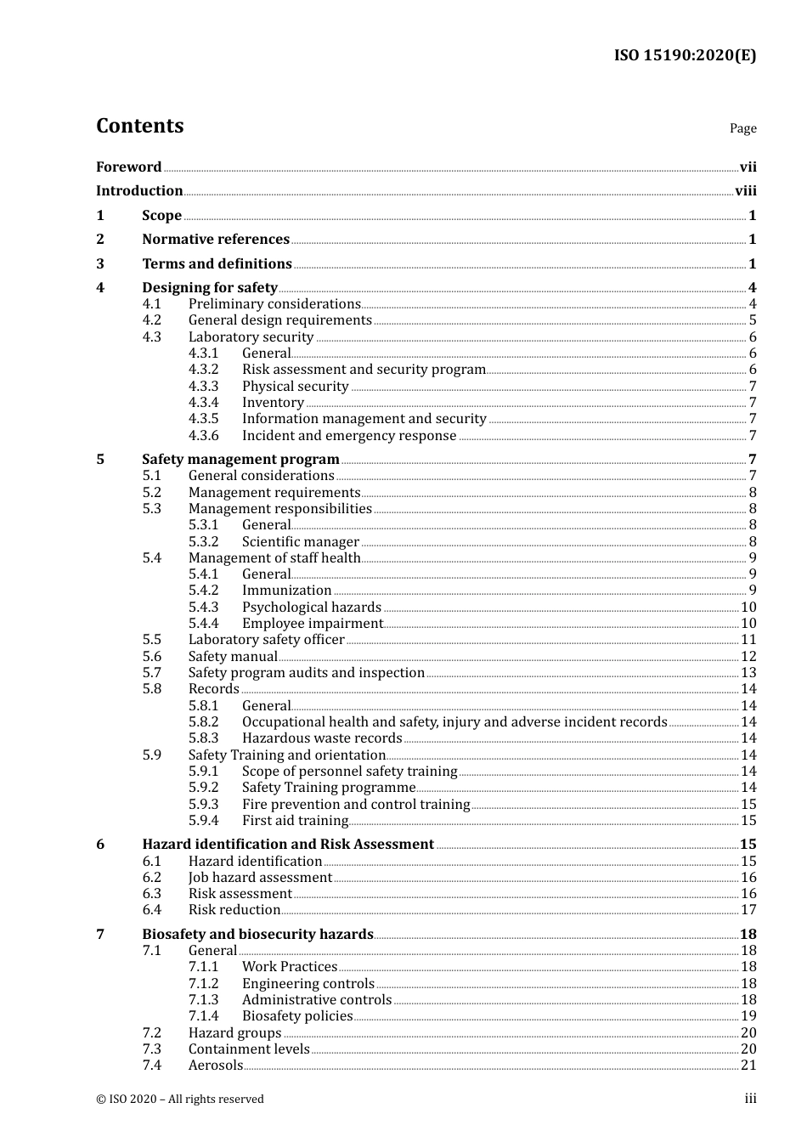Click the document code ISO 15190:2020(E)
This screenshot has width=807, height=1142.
pos(685,55)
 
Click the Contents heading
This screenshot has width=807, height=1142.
pos(139,126)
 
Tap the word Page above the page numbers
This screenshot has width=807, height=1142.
pos(742,128)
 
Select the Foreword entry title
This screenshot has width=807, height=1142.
pos(128,167)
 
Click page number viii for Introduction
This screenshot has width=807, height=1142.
pos(745,191)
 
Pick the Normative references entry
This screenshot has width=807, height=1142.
pos(216,240)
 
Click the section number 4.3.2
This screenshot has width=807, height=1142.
pos(203,370)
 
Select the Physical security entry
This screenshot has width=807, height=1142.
pos(295,387)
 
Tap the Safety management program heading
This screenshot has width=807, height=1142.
pos(240,460)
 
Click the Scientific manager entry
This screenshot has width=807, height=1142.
pos(300,542)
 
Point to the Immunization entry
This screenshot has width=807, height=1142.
pos(286,591)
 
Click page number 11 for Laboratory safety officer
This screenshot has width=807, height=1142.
pos(748,640)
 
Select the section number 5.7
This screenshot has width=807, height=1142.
pos(151,673)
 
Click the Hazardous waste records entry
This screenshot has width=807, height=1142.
pos(321,738)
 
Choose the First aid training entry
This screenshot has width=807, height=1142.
pos(295,821)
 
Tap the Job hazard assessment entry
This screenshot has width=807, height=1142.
pos(260,878)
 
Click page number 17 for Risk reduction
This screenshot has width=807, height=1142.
pos(748,910)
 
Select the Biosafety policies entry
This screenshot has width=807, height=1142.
pos(297,1016)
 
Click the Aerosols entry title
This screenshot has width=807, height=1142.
pos(216,1066)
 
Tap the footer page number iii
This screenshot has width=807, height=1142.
pos(750,1099)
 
